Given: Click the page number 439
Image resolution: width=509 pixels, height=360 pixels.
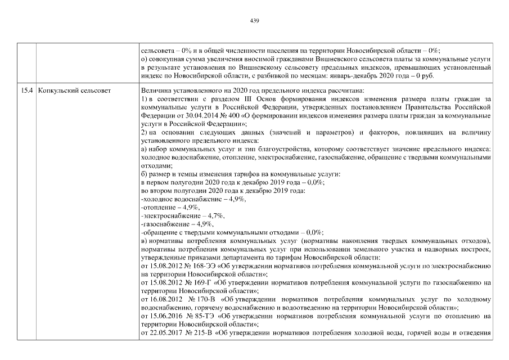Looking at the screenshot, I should [x=254, y=21].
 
